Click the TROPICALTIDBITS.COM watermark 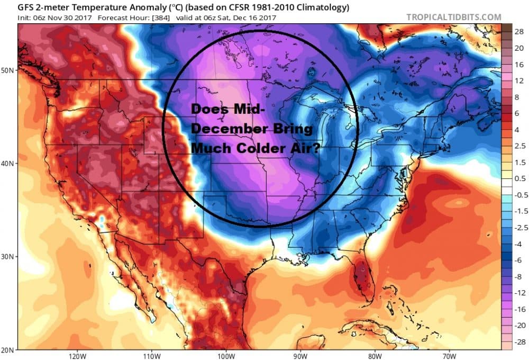point(453,17)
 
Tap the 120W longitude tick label point(77,355)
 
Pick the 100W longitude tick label point(226,355)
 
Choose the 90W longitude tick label point(300,355)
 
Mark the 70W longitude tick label point(449,355)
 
